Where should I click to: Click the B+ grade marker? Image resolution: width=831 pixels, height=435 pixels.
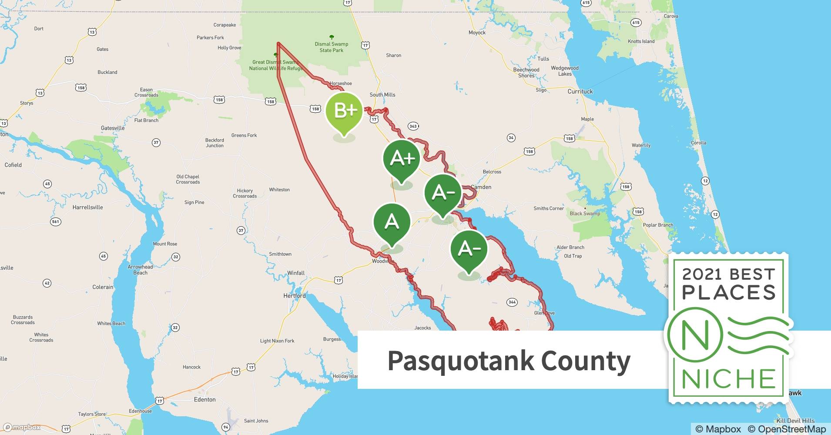click(x=344, y=111)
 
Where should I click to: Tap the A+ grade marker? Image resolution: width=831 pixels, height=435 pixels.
click(x=402, y=158)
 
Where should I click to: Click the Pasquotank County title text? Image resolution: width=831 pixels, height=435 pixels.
click(x=509, y=361)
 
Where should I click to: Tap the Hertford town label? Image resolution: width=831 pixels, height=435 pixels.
click(x=295, y=296)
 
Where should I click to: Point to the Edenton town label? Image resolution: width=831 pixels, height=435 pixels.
click(x=204, y=399)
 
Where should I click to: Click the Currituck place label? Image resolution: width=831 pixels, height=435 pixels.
click(x=580, y=91)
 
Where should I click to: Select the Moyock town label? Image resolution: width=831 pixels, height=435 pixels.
click(x=477, y=33)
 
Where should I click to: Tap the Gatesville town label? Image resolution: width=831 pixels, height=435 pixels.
click(x=113, y=128)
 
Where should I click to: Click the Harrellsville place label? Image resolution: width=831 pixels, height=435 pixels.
click(x=88, y=207)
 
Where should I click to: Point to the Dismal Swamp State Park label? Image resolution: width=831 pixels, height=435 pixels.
click(x=332, y=47)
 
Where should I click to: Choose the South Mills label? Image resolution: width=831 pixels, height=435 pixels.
click(x=382, y=94)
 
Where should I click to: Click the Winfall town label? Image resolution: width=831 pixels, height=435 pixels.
click(x=296, y=273)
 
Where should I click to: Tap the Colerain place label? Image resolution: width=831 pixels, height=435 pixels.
click(x=103, y=287)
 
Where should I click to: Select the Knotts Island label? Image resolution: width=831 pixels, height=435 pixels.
click(x=641, y=41)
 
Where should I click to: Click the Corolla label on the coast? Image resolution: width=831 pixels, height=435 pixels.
click(x=698, y=143)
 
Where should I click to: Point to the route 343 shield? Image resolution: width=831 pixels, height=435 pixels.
click(x=413, y=126)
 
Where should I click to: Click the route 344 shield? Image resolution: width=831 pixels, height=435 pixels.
click(x=512, y=302)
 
